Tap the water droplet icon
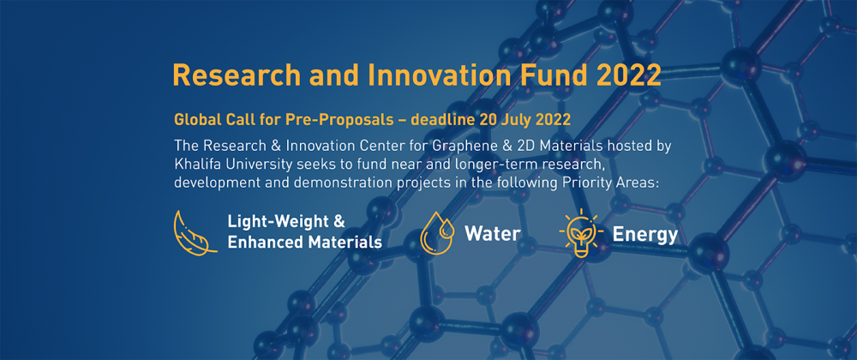tap(437, 234)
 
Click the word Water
tap(493, 234)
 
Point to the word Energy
tap(645, 235)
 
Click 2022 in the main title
tap(628, 75)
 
